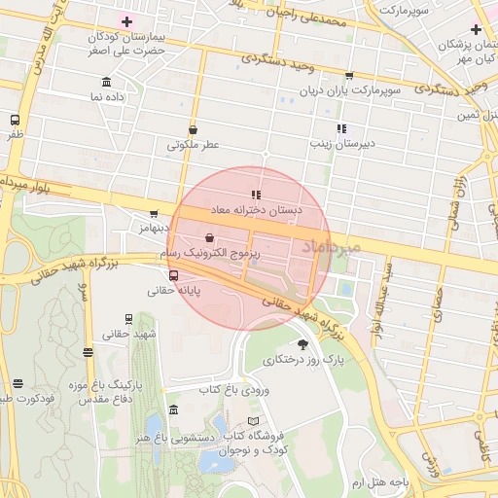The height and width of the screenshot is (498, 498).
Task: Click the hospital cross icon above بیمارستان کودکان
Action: pos(126,20)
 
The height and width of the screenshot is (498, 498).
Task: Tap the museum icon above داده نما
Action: pos(106,82)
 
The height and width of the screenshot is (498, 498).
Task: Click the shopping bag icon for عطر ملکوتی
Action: pos(193,129)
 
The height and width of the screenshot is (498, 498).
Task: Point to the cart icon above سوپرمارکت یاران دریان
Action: pos(348,75)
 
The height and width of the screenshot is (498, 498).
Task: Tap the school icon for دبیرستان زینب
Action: pos(340,128)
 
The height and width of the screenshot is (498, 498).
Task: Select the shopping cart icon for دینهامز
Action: pos(154,214)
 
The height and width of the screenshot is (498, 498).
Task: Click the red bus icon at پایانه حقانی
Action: pos(174,275)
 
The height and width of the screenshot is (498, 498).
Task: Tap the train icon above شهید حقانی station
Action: pos(129,319)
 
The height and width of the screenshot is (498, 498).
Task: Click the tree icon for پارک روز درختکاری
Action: pos(302,344)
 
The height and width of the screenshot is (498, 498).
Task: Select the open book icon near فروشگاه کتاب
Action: pos(254,421)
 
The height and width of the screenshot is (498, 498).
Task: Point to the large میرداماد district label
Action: pos(331,248)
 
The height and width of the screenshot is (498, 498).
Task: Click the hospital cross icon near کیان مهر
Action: pos(475,29)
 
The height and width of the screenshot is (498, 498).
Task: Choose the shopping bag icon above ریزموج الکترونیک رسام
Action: pos(210,236)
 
